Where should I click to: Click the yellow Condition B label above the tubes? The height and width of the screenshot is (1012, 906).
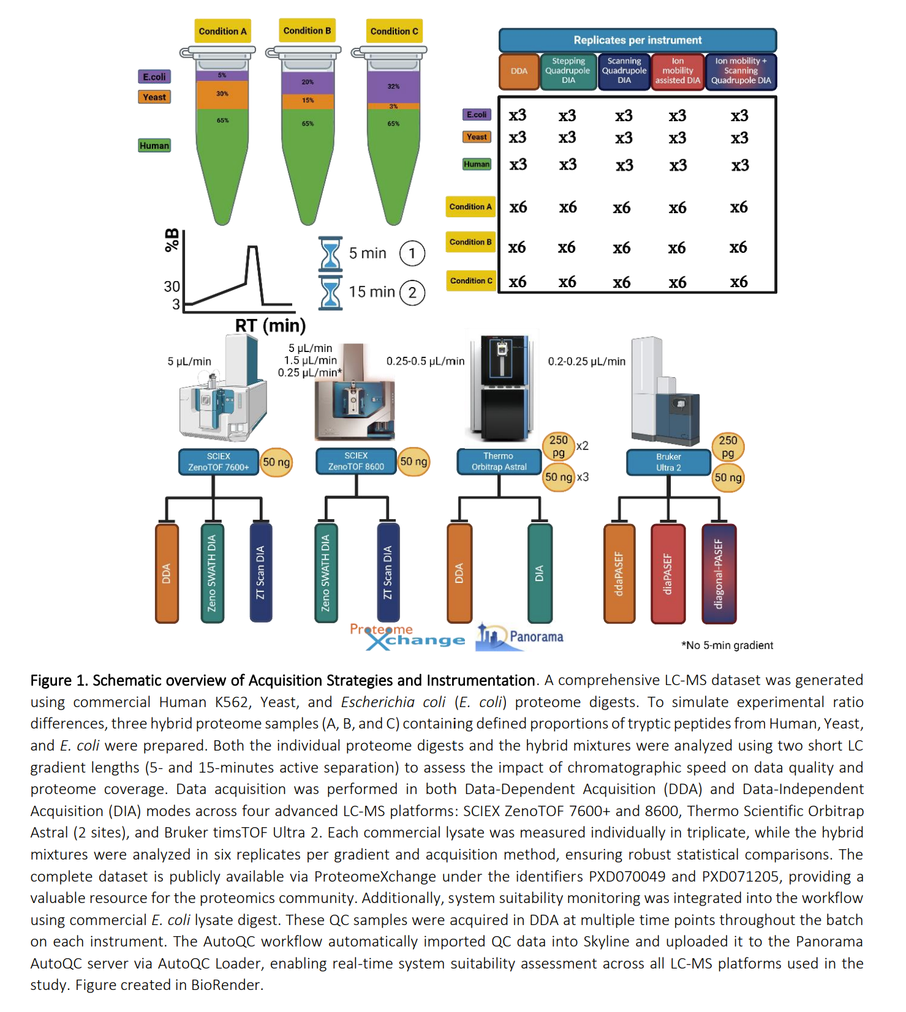[307, 31]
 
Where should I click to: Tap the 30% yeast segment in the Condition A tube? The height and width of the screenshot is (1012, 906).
[222, 94]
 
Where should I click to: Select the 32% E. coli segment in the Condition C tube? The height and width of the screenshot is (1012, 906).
[393, 86]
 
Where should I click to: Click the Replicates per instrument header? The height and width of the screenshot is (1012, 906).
[637, 40]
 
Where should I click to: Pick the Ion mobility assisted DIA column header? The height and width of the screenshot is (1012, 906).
[677, 71]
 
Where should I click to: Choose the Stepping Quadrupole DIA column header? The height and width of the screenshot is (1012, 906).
[568, 71]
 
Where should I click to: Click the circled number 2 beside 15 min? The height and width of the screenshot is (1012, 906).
[412, 293]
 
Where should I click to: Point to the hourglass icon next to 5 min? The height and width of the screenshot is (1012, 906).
[330, 253]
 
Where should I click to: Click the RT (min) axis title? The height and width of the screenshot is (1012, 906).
[270, 325]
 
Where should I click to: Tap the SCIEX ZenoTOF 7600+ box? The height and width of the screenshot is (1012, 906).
[219, 462]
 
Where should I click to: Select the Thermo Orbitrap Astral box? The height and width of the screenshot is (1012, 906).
[499, 462]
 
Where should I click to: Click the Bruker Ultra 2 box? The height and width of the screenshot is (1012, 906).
[668, 462]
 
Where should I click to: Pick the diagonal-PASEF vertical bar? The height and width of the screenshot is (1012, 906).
[719, 574]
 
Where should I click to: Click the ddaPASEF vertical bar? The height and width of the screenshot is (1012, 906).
[619, 574]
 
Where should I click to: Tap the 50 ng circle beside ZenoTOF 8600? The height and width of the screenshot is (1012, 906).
[413, 462]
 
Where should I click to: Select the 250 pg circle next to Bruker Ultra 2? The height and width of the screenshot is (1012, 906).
[728, 446]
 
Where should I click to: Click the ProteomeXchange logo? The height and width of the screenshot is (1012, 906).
[407, 637]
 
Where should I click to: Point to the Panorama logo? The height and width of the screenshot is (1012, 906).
[520, 637]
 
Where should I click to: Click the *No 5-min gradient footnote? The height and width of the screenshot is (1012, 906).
[727, 645]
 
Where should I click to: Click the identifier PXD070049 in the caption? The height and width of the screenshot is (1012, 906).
[627, 877]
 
